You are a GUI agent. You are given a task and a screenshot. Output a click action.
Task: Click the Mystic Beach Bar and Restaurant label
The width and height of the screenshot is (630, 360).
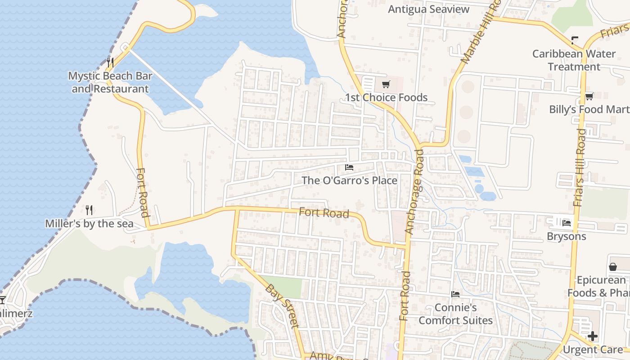pyautogui.click(x=110, y=82)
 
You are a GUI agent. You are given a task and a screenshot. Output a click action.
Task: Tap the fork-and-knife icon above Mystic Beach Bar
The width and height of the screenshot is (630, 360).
pyautogui.click(x=110, y=62)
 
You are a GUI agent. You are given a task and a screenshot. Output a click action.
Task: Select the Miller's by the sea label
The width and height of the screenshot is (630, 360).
pyautogui.click(x=89, y=224)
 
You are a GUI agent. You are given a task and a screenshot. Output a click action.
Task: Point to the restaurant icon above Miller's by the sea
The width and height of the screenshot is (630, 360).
pyautogui.click(x=89, y=210)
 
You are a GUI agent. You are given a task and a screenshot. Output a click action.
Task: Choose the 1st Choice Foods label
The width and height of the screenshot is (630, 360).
pyautogui.click(x=386, y=98)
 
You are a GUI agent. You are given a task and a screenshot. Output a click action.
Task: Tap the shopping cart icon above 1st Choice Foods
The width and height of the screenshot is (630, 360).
pyautogui.click(x=386, y=84)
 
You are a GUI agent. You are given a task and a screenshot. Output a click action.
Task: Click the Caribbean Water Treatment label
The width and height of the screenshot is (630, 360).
pyautogui.click(x=574, y=60)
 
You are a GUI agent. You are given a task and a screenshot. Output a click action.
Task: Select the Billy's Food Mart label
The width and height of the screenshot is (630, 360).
pyautogui.click(x=589, y=109)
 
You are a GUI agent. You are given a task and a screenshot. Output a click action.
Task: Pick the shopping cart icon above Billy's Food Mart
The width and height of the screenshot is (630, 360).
pyautogui.click(x=589, y=96)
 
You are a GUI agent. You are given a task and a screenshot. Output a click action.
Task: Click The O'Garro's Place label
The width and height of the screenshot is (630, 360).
pyautogui.click(x=349, y=180)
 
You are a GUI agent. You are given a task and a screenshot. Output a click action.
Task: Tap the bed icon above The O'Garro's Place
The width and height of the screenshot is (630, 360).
pyautogui.click(x=349, y=167)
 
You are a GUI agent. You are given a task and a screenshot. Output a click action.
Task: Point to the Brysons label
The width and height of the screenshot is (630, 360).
pyautogui.click(x=566, y=236)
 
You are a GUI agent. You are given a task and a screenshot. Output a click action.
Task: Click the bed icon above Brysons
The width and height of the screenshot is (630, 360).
pyautogui.click(x=566, y=222)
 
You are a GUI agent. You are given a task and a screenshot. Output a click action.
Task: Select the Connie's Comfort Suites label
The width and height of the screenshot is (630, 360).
pyautogui.click(x=455, y=314)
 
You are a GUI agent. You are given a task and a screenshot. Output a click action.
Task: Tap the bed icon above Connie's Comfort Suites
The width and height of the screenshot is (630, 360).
pyautogui.click(x=455, y=294)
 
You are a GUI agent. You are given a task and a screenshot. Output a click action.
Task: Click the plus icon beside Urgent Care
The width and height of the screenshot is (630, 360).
pyautogui.click(x=593, y=336)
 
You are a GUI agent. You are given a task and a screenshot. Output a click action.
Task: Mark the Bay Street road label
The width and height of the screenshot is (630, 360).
pyautogui.click(x=282, y=306)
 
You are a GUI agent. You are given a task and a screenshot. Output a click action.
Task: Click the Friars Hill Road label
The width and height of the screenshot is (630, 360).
pyautogui.click(x=580, y=167)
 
